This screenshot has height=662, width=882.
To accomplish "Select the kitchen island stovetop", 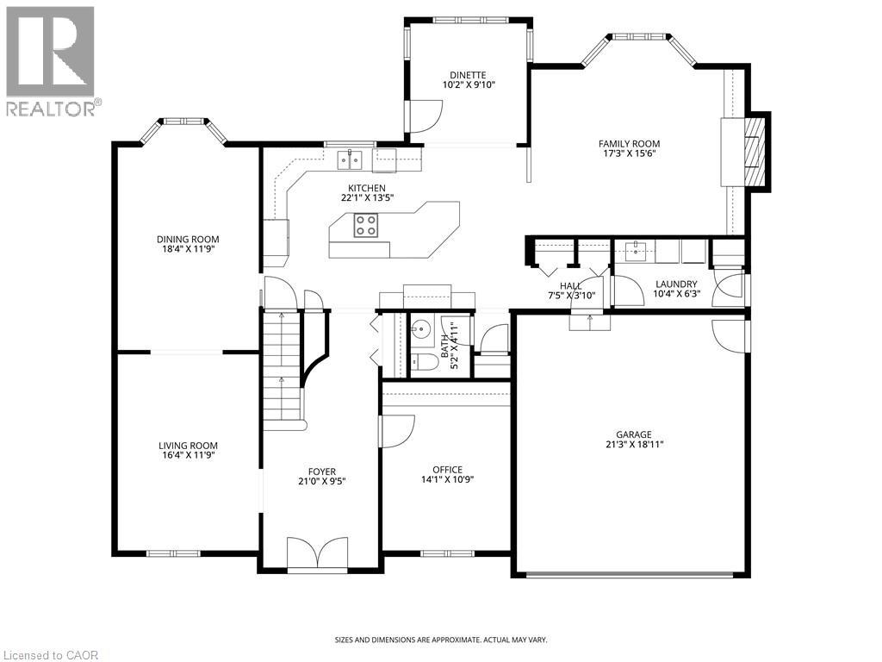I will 365,226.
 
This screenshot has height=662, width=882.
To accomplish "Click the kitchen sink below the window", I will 349,159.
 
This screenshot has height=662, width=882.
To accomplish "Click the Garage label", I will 633,434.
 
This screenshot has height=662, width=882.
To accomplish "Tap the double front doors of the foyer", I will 318,553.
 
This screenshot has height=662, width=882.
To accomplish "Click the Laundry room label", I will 675,284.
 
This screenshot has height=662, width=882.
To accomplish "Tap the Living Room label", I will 187,445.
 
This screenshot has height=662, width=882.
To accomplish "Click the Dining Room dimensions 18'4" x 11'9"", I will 187,250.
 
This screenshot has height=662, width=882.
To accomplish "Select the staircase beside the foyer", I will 282,371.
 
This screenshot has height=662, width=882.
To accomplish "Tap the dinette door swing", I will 424,116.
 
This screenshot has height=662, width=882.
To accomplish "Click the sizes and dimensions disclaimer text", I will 440,640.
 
